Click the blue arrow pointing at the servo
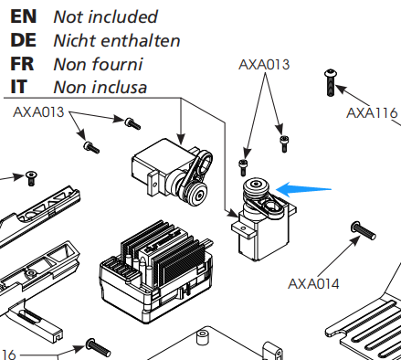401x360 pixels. point(303,189)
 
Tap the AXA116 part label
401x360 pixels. point(372,113)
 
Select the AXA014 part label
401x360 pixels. point(313,284)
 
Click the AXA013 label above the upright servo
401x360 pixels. point(264,65)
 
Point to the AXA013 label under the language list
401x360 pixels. point(38,112)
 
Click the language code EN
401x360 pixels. point(24,16)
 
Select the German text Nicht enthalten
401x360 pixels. point(117,40)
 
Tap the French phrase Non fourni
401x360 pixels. point(98,64)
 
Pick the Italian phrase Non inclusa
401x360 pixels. point(100,88)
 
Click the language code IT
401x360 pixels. point(19,87)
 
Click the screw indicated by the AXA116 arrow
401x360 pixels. point(331,82)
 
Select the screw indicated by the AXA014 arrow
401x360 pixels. point(364,230)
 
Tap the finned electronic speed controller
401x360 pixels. point(156,271)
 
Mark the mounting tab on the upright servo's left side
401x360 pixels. point(243,229)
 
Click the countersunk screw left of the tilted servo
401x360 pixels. point(31,178)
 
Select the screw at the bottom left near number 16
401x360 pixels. point(98,348)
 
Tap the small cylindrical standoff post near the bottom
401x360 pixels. point(202,336)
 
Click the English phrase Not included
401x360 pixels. point(105,16)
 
